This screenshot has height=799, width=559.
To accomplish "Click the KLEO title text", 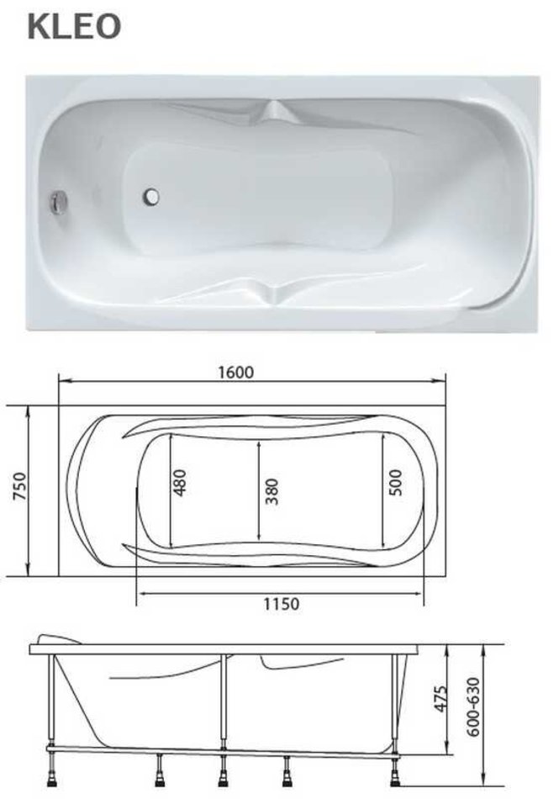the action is (x=74, y=27).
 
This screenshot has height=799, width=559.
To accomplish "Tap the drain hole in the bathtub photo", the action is (x=151, y=197).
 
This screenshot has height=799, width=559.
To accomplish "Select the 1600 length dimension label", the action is (x=235, y=373).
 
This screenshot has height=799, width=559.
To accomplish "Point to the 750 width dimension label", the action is (x=18, y=487).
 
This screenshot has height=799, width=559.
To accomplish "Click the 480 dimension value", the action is (x=180, y=482).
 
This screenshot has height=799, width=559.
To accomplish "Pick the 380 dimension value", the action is (x=272, y=490).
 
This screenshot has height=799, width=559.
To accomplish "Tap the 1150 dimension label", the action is (x=281, y=604).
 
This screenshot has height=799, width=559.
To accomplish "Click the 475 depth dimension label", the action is (x=441, y=698).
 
